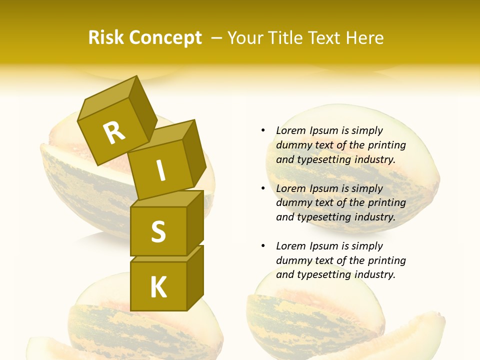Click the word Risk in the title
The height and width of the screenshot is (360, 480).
(106, 38)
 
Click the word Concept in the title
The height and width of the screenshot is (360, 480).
(166, 38)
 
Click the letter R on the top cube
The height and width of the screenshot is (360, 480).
(114, 132)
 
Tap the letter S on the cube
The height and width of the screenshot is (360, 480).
(158, 231)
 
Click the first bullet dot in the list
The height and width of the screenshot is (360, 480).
(263, 130)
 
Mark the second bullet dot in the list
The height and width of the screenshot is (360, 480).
(263, 188)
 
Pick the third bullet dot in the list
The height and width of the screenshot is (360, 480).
(263, 246)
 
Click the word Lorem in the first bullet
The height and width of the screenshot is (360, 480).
(290, 130)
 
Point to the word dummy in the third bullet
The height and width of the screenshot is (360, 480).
(293, 260)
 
